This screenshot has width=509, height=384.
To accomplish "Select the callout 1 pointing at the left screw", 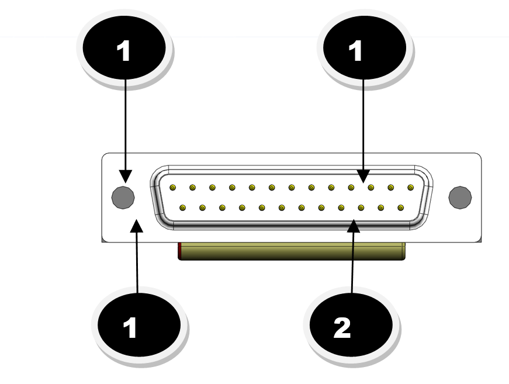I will point(124,51).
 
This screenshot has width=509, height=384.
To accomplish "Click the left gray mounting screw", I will point(122,197).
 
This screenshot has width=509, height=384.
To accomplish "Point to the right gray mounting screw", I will point(459,197).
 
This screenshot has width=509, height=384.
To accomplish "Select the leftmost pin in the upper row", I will point(172,188).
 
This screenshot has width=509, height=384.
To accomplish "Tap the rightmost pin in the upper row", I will point(410,188).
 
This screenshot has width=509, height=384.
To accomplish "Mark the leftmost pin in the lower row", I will point(182,207).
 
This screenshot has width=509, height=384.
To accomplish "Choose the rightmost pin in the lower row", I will point(400,207).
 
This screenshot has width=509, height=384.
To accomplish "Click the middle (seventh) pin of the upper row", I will point(292,188).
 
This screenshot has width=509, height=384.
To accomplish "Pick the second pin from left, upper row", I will point(192,188).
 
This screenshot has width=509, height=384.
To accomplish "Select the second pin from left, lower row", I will point(202,207).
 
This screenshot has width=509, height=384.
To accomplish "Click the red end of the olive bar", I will point(180,251).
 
